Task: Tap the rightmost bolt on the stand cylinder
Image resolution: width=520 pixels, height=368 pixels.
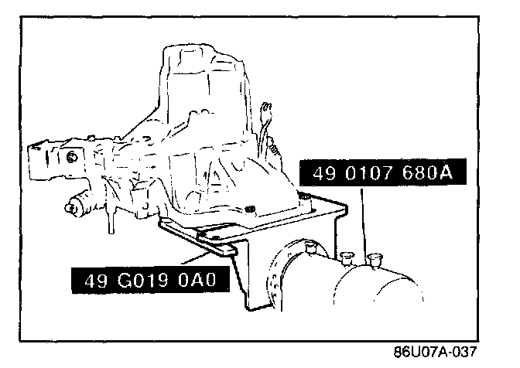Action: (x=377, y=257)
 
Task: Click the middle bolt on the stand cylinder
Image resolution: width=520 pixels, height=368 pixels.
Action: (x=345, y=254)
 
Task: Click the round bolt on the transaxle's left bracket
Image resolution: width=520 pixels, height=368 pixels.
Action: (x=71, y=157)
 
